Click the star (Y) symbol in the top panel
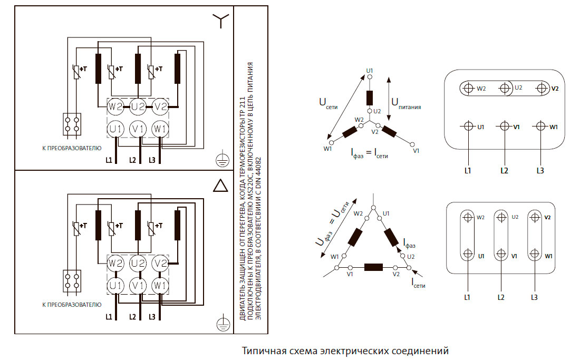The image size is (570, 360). (221, 21)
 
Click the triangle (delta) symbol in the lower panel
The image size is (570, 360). (221, 186)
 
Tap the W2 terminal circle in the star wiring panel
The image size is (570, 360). (115, 108)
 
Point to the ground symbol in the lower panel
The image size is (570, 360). (223, 323)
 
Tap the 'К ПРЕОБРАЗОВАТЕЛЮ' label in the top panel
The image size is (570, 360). (71, 148)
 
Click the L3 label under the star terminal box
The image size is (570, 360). (539, 170)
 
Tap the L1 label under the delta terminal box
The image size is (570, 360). (467, 297)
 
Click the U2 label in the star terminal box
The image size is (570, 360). (518, 87)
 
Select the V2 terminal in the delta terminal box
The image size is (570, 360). (535, 218)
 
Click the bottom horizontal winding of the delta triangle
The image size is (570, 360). (374, 267)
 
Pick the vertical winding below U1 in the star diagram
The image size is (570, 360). (370, 98)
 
